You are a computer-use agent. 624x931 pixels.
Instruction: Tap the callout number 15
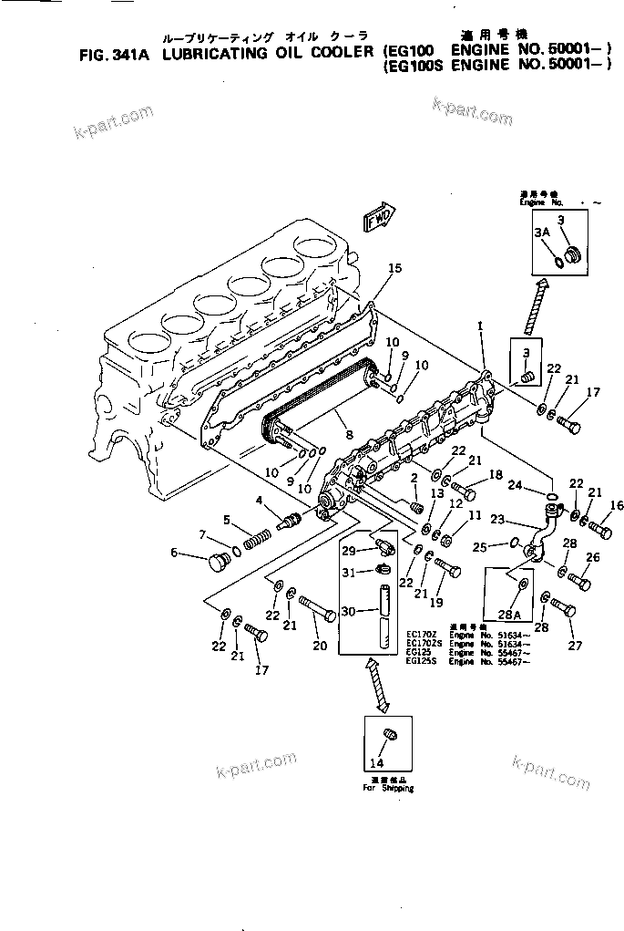(394, 268)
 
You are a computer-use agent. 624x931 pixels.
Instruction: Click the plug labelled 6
(260, 500)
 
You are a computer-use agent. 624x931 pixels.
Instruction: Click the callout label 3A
(542, 233)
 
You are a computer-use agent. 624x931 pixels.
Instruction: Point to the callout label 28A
(512, 615)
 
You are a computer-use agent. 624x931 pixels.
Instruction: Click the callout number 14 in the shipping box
(377, 762)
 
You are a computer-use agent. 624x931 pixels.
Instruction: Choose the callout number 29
(348, 550)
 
